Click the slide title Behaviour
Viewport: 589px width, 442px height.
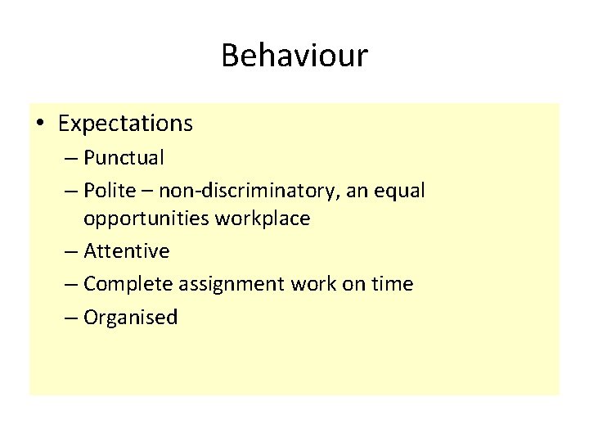tap(294, 56)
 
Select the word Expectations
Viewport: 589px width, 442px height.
tap(125, 124)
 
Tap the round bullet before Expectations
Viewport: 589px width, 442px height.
tap(40, 124)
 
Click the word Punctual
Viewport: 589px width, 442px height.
tap(124, 157)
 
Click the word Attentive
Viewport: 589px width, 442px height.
tap(126, 251)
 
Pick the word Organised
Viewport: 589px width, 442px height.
tap(130, 318)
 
